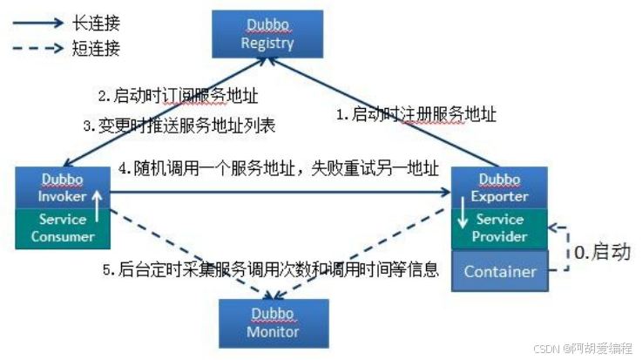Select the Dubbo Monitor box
274,323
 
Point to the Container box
499,271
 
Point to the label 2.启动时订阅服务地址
177,95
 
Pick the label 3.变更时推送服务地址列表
179,126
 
